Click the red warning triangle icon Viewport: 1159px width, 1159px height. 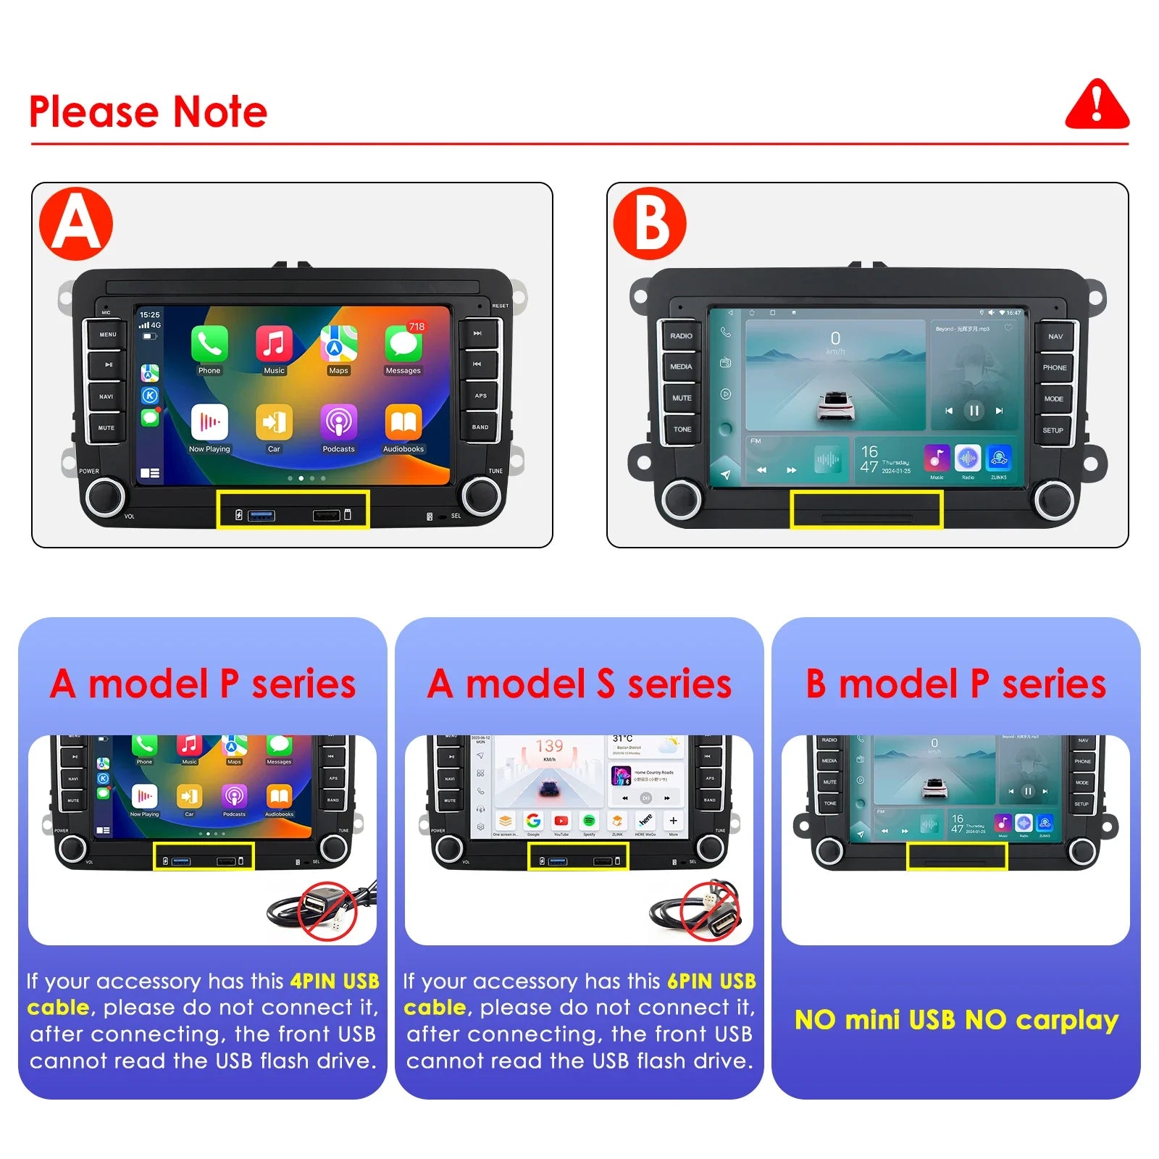(1097, 106)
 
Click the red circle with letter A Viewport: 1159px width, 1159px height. (76, 223)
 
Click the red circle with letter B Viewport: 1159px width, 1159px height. (650, 223)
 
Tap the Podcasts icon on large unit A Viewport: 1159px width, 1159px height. (338, 422)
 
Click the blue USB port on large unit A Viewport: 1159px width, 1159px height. (261, 516)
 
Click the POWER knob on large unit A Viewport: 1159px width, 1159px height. (106, 496)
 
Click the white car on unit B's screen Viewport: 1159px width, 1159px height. (836, 406)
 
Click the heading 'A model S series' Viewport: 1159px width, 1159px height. (579, 684)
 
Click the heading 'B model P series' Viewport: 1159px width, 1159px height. (955, 684)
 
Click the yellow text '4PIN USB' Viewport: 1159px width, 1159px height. (335, 982)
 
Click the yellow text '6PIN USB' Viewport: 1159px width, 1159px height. (711, 982)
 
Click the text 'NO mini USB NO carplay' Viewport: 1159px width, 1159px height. (956, 1020)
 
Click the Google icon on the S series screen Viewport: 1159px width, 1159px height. (534, 821)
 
